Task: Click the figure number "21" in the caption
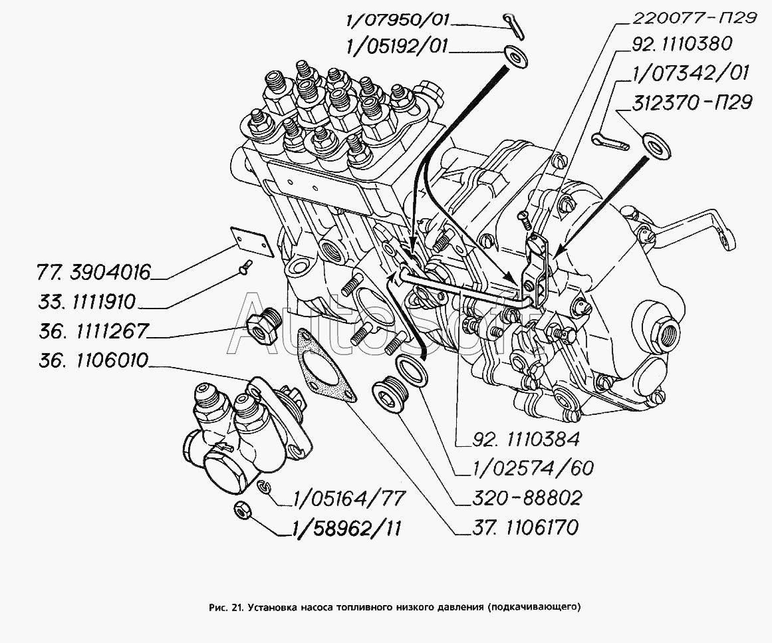coord(237,606)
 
